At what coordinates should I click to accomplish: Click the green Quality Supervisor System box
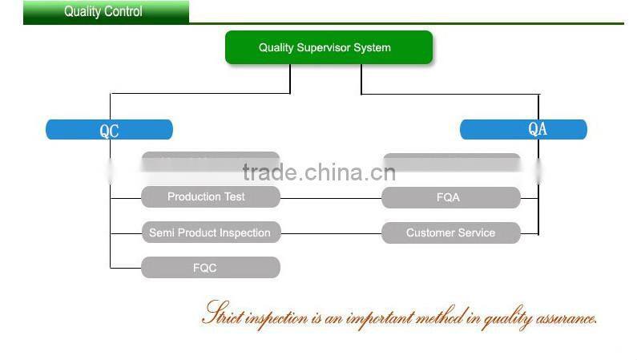pos(329,47)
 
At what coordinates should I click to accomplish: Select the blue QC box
pos(109,130)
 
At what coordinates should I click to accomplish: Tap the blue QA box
pos(523,129)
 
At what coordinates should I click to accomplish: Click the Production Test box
pos(211,197)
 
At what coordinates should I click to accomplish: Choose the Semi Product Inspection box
pos(211,233)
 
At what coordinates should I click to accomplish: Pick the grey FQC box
pos(211,268)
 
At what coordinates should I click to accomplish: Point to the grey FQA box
pos(450,197)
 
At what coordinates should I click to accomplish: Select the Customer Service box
pos(450,233)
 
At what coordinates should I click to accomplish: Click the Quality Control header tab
pos(104,12)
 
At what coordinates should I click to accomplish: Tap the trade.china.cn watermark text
pos(319,172)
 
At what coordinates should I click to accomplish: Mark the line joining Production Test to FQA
pos(330,198)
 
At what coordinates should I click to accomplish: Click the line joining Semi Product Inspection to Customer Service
pos(330,233)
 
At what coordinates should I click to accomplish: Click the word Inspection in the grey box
pos(244,233)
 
